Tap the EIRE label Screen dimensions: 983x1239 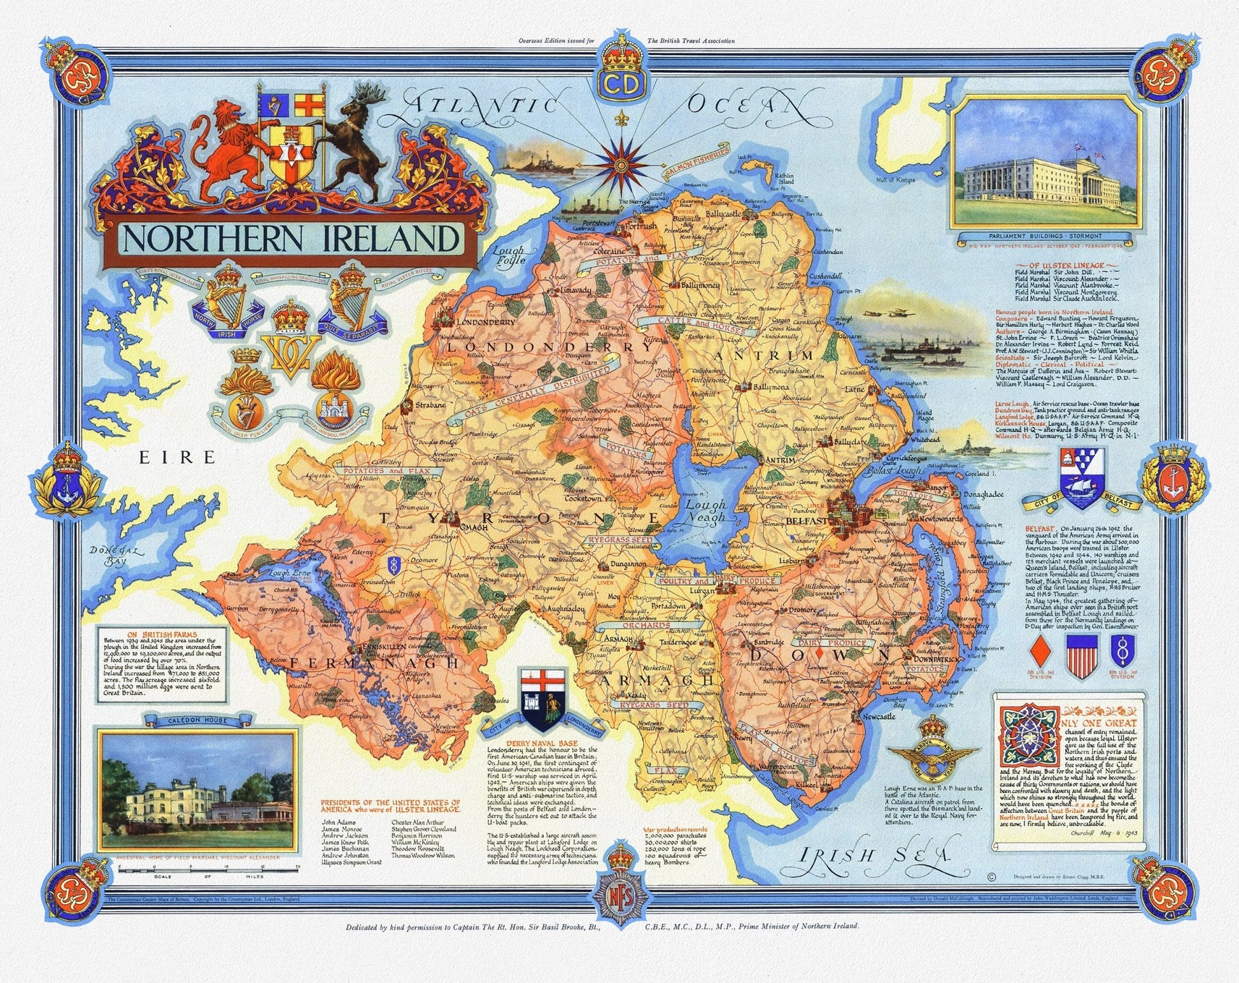tap(177, 457)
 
